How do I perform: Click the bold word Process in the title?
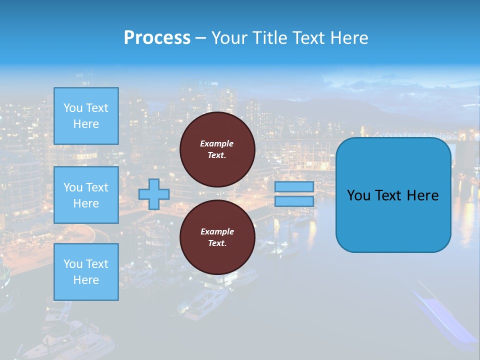point(157,38)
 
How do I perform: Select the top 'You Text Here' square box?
point(86,116)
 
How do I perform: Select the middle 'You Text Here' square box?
point(86,195)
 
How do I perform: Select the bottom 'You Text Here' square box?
point(86,272)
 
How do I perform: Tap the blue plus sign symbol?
point(154,194)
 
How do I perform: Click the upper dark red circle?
point(217,149)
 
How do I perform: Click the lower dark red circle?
point(217,237)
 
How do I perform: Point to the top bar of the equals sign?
point(294,187)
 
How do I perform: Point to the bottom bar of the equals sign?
point(294,201)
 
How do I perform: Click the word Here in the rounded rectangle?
point(422,195)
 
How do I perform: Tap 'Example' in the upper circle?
point(217,143)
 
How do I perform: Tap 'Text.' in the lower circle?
point(217,243)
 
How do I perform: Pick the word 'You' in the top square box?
point(73,108)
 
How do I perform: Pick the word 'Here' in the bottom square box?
point(86,280)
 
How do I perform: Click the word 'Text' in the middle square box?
point(97,187)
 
